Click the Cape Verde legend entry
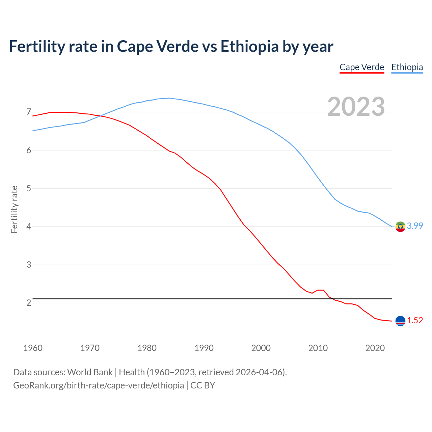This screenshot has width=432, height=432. (x=361, y=67)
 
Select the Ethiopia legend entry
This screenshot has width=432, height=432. (x=407, y=67)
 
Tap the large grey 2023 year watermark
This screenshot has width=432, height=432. (x=356, y=107)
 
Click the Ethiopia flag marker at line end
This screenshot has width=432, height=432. (x=400, y=226)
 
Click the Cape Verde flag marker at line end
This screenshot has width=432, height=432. (x=400, y=321)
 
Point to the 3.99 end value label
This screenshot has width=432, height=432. (x=415, y=226)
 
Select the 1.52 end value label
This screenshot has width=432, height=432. (x=415, y=321)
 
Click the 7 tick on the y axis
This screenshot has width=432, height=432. (x=29, y=112)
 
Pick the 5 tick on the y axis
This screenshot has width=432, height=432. (x=29, y=188)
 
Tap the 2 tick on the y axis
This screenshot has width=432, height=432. (x=29, y=303)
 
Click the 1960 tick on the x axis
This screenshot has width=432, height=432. (x=33, y=348)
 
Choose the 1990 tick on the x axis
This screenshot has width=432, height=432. (x=204, y=348)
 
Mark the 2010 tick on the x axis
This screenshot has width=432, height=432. (x=318, y=348)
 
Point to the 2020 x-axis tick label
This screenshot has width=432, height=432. (x=375, y=348)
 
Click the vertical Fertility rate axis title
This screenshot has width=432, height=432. (x=14, y=209)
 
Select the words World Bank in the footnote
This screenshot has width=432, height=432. (x=90, y=372)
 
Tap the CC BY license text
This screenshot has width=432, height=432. (x=202, y=385)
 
